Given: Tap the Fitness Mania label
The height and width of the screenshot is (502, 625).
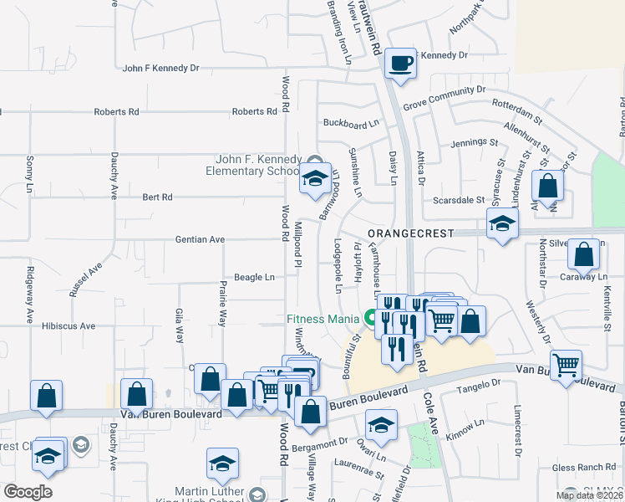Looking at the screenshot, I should [x=322, y=318].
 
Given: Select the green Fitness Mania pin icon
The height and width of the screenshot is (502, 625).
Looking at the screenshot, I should [x=369, y=318].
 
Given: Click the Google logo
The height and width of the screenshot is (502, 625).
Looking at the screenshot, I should [x=28, y=492].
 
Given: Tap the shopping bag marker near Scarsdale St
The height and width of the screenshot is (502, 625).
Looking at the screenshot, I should [x=547, y=187].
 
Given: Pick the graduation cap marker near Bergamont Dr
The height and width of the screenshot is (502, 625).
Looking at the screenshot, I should [x=381, y=426].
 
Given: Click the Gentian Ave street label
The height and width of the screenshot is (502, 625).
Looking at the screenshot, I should [x=200, y=239].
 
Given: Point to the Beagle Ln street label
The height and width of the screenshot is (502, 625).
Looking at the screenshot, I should [x=254, y=277].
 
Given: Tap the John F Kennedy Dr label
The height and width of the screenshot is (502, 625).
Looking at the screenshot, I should [x=160, y=69].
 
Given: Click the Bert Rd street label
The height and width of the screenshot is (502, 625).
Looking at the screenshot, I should [x=157, y=197].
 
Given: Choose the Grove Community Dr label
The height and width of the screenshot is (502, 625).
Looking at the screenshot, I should [x=444, y=98].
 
